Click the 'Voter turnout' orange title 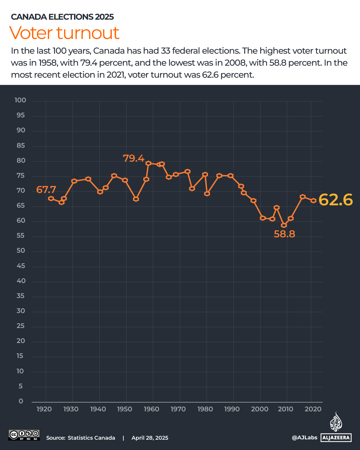click(64, 33)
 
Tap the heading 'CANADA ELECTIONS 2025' click(62, 17)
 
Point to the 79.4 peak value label click(134, 158)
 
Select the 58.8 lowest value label click(284, 234)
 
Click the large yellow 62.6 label click(335, 200)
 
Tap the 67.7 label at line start click(46, 190)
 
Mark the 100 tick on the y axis click(20, 100)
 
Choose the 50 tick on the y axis click(21, 251)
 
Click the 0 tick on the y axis click(21, 401)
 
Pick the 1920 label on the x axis click(44, 409)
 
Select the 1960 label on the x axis click(152, 409)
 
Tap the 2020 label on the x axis click(313, 409)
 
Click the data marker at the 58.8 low click(284, 225)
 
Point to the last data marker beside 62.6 click(313, 201)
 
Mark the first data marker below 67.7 click(51, 199)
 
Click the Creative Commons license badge click(24, 435)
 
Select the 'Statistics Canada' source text click(91, 438)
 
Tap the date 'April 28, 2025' click(150, 438)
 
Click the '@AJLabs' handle click(304, 438)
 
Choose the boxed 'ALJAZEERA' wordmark click(336, 438)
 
